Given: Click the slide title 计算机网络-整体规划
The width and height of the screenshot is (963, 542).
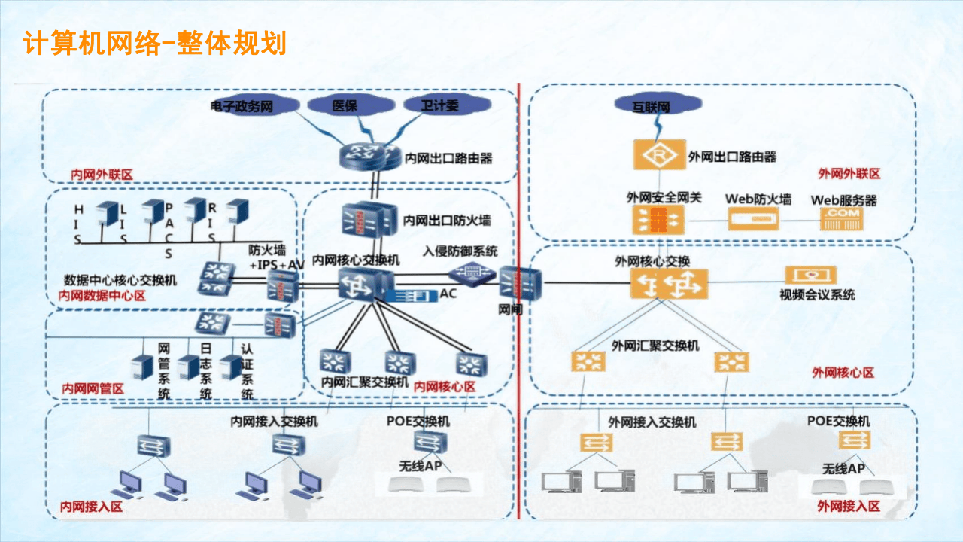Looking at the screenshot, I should tap(155, 43).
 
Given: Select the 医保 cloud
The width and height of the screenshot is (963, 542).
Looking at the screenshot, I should tap(345, 106).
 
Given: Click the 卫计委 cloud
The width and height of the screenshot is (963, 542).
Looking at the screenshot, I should tap(440, 106).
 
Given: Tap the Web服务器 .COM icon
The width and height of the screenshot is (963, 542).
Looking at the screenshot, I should tap(843, 218).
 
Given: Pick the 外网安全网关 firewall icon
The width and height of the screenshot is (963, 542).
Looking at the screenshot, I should tap(659, 220).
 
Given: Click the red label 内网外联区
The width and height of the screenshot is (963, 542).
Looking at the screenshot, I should tap(102, 175).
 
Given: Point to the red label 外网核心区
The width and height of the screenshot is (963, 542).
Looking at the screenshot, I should tap(843, 373).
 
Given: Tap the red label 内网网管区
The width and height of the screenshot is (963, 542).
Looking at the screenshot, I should tap(93, 389).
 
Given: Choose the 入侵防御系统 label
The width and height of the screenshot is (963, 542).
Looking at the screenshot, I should tap(460, 251).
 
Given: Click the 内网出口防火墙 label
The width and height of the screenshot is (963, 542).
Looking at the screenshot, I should tap(447, 221).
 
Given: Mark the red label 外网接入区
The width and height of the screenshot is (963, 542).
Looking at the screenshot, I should tap(849, 506).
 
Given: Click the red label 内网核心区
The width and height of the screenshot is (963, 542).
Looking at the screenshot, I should tap(445, 386).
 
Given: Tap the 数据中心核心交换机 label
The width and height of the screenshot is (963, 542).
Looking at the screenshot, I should tap(122, 280).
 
